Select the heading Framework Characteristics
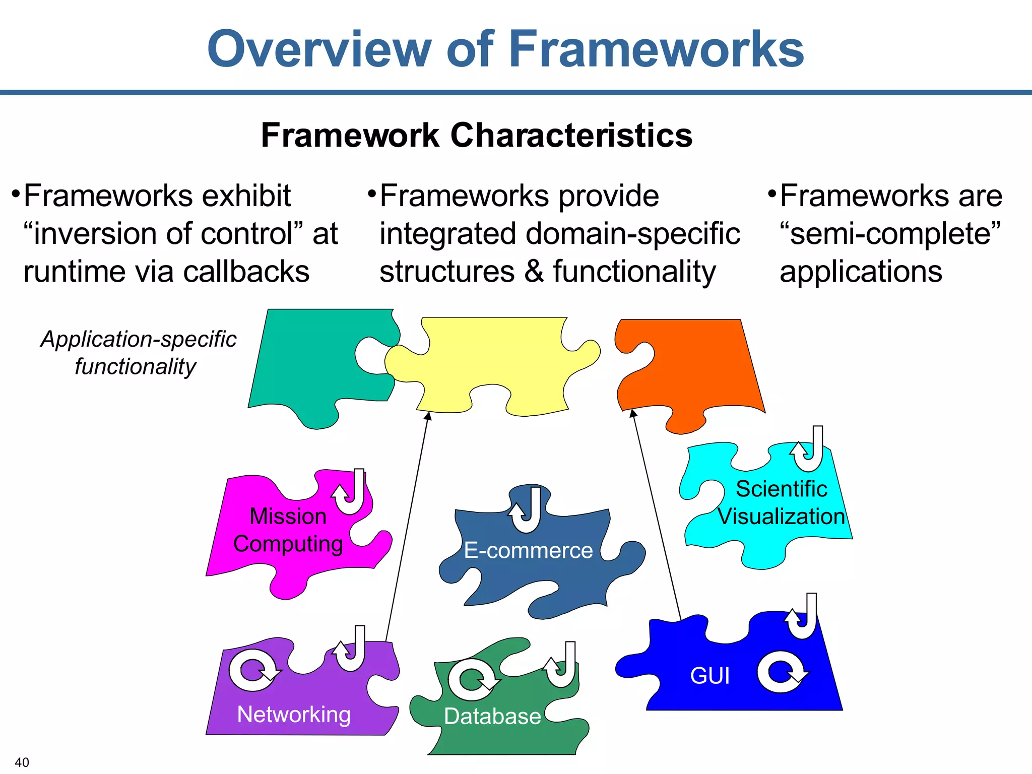(x=476, y=136)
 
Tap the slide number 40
(x=22, y=762)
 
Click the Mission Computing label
(x=288, y=530)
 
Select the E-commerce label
(x=528, y=550)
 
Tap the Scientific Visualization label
(x=781, y=503)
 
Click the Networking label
(x=294, y=715)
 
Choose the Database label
(x=492, y=716)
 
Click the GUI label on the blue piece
(x=709, y=676)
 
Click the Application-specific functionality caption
(x=138, y=353)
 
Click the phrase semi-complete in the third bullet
(x=890, y=234)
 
